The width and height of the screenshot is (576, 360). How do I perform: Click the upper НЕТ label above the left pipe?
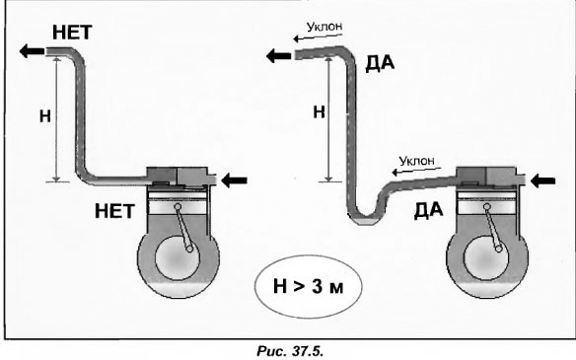(72, 33)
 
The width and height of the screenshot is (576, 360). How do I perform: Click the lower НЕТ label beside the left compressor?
(114, 211)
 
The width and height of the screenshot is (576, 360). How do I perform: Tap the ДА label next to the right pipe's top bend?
(380, 64)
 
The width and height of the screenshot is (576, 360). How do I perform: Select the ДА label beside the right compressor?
(428, 211)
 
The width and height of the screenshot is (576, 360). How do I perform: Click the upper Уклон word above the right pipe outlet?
(324, 26)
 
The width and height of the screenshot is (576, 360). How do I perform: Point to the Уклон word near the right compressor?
(416, 161)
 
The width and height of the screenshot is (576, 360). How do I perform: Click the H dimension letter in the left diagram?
(45, 116)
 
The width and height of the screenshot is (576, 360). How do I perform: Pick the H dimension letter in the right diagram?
(319, 112)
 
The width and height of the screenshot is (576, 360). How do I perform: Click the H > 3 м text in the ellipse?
(308, 286)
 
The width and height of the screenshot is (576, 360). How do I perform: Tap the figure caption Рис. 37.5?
(289, 351)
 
